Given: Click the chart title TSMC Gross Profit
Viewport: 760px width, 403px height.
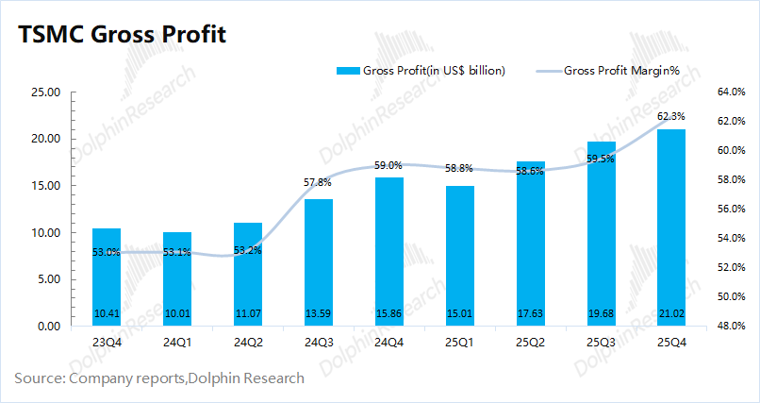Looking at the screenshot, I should [x=123, y=34].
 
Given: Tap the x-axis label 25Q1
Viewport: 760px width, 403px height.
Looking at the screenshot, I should [x=459, y=342].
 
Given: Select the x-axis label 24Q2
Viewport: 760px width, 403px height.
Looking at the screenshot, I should [x=247, y=342].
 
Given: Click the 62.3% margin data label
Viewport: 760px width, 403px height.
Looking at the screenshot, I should [x=670, y=116].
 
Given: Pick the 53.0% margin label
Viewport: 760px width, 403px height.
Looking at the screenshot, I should [x=106, y=252].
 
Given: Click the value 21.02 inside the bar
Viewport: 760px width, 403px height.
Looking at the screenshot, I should [x=670, y=313].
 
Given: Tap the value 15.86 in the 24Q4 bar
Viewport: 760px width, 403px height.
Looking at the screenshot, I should [x=388, y=313].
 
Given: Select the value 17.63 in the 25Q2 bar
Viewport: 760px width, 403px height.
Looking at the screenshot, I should [x=530, y=313].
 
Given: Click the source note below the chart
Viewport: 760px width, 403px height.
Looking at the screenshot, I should [x=159, y=378].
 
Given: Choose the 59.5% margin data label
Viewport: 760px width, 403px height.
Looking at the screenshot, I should [x=600, y=159].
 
